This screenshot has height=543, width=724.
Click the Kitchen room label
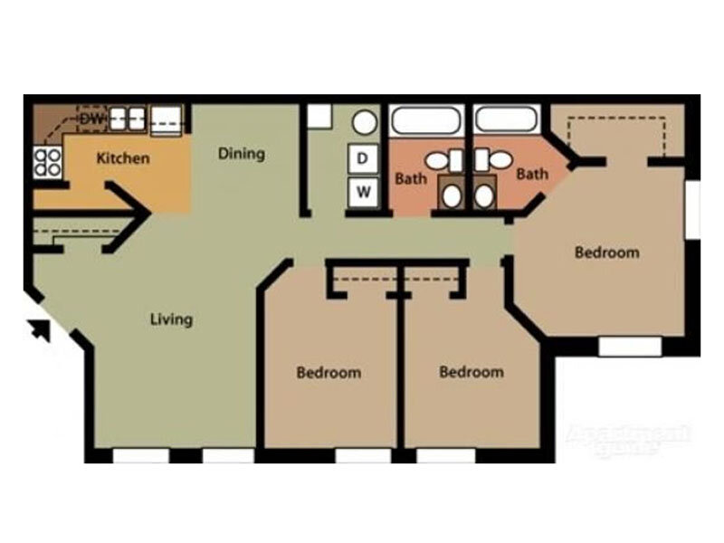click(x=123, y=158)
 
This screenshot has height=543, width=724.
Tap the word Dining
click(x=242, y=153)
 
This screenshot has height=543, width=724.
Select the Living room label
click(x=171, y=319)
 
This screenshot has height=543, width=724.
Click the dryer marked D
click(x=364, y=159)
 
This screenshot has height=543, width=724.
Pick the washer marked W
click(x=364, y=191)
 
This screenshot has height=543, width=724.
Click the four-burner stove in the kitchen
click(x=48, y=161)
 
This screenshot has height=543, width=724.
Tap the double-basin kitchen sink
click(x=128, y=118)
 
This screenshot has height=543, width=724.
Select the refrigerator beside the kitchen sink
click(x=167, y=118)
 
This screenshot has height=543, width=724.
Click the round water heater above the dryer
click(x=365, y=122)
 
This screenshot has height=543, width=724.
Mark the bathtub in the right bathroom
click(x=506, y=120)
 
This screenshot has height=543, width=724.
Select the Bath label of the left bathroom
click(x=410, y=178)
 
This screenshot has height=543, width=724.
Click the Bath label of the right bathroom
click(x=532, y=173)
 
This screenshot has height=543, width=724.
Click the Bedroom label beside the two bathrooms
click(x=606, y=252)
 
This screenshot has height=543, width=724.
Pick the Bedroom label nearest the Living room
click(x=329, y=372)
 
